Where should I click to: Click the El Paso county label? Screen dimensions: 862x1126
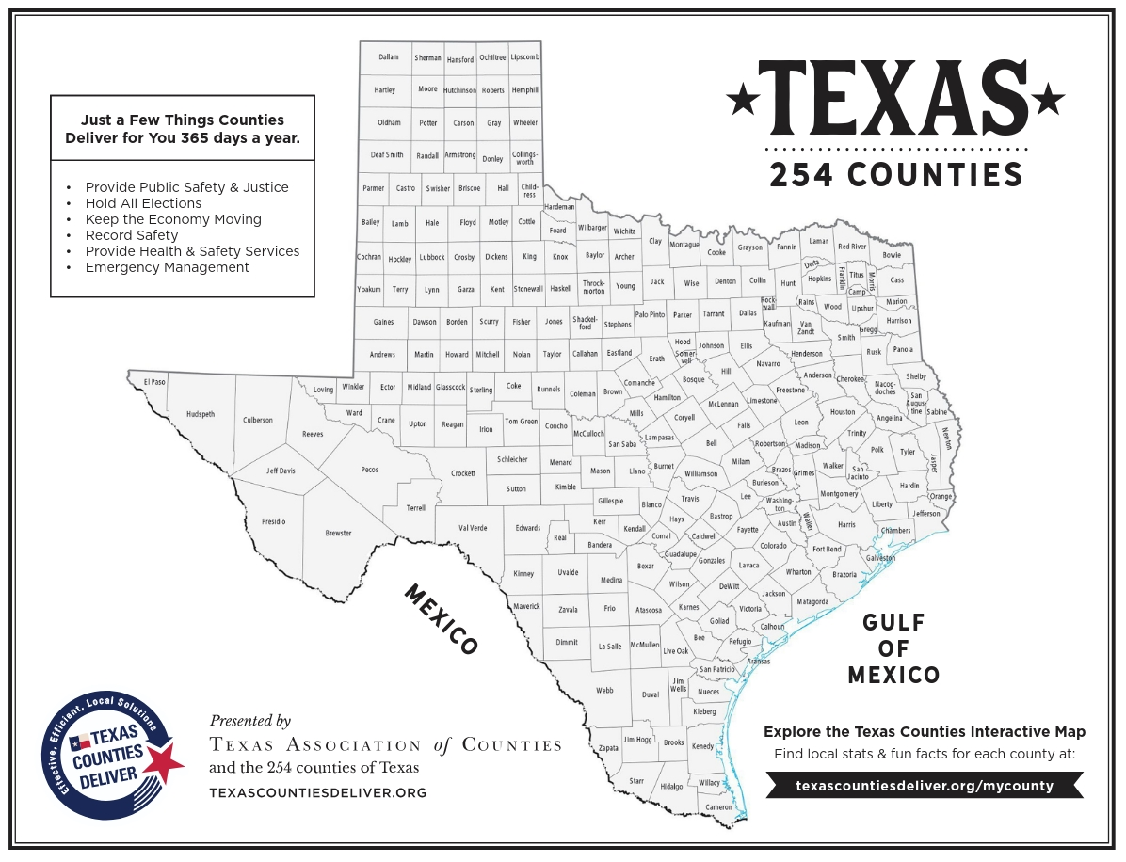153,382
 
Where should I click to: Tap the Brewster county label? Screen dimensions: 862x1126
338,534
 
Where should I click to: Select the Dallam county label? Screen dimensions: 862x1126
389,57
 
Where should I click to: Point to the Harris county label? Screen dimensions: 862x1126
846,524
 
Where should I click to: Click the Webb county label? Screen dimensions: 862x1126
604,691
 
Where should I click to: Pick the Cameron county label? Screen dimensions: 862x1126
718,807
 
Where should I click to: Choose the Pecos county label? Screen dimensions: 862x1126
369,470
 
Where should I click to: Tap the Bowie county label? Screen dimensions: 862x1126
892,255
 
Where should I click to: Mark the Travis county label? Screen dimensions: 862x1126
690,499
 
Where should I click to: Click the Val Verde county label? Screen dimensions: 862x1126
472,528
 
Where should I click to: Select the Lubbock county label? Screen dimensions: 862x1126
432,257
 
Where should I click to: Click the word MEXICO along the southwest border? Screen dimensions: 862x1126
442,618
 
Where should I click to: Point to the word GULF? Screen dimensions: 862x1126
893,623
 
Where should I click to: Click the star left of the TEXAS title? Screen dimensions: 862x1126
743,97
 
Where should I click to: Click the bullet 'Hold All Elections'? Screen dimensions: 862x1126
143,203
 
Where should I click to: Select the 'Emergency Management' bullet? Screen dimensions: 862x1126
167,267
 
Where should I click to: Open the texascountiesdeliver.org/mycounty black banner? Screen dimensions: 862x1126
924,785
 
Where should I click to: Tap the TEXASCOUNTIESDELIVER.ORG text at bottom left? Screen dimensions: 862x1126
317,793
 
